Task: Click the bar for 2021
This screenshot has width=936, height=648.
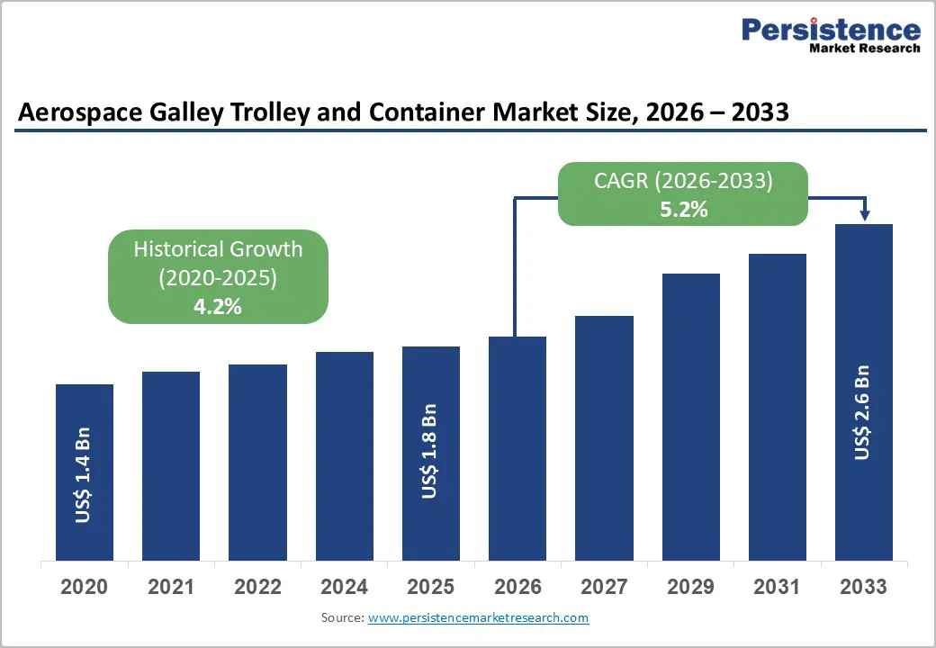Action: [x=171, y=465]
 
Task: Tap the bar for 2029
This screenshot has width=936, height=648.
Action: [x=691, y=416]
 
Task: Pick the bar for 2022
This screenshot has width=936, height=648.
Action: [x=257, y=462]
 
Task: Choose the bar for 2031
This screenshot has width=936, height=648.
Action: [x=778, y=406]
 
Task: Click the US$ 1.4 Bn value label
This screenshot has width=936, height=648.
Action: [x=84, y=481]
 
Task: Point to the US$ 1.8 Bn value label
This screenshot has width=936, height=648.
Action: [x=430, y=450]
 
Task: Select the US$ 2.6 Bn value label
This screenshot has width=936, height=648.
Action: [x=862, y=412]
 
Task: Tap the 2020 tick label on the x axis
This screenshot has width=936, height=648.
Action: [x=84, y=587]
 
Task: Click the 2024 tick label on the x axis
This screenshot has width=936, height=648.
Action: [x=344, y=587]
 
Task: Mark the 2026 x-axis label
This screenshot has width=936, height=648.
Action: [x=517, y=587]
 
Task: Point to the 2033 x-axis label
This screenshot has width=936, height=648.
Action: [x=863, y=587]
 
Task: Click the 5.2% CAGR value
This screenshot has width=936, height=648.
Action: [x=683, y=210]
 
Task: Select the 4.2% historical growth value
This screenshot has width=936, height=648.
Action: [x=218, y=306]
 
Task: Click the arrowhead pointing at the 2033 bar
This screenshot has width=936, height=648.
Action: [x=865, y=215]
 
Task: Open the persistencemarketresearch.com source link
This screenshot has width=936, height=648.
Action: [x=478, y=617]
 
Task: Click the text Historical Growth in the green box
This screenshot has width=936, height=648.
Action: [x=218, y=249]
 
